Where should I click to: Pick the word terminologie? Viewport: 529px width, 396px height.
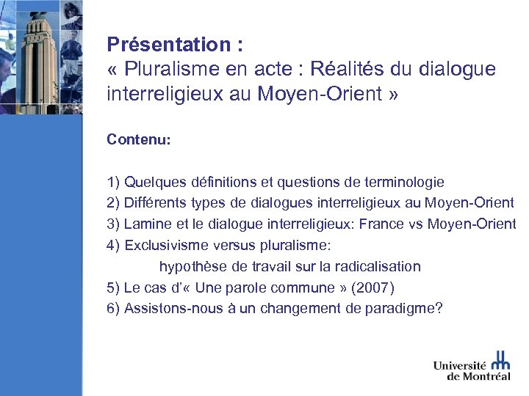[403, 182]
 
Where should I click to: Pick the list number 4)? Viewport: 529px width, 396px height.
[114, 245]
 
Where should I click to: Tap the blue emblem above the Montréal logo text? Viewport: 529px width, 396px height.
[500, 359]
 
